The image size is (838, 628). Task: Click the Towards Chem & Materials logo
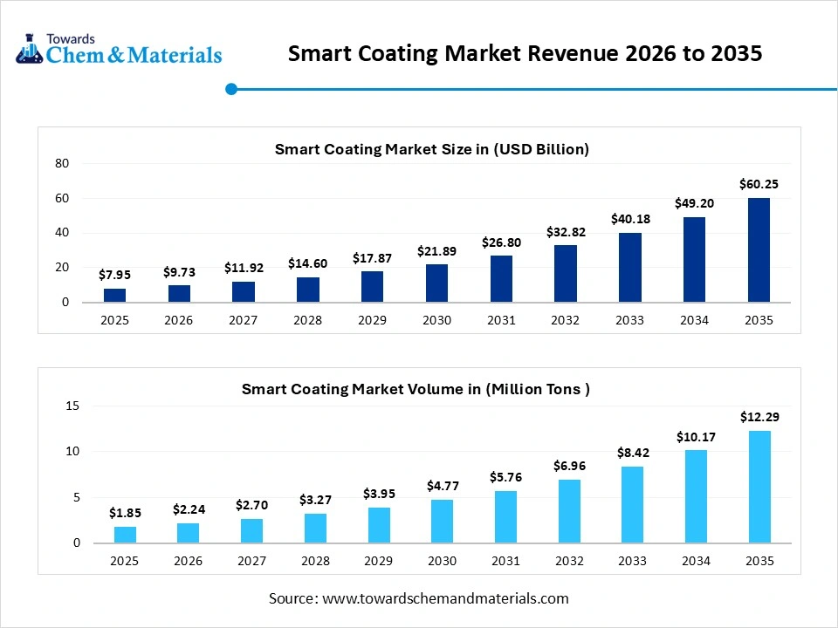pos(119,50)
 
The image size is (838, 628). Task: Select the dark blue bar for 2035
pos(759,250)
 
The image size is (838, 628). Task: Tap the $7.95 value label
pos(114,276)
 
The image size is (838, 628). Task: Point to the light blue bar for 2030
pos(442,521)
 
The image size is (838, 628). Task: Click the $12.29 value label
pos(759,417)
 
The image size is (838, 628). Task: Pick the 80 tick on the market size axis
pos(62,163)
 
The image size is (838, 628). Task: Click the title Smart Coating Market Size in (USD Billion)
pos(432,149)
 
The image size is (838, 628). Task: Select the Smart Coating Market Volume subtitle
pos(416,389)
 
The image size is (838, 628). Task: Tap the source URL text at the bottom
pos(419,598)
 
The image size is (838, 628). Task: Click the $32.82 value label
pos(566,232)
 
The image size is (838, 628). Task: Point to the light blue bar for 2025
pos(125,535)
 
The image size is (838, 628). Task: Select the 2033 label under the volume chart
pos(633,561)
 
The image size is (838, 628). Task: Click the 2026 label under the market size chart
pos(179,320)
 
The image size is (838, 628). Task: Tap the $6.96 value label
pos(569,466)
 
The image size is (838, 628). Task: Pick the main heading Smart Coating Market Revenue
pos(525,53)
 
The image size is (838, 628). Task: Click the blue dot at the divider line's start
pos(231,89)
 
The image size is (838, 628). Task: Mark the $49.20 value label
pos(694,203)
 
